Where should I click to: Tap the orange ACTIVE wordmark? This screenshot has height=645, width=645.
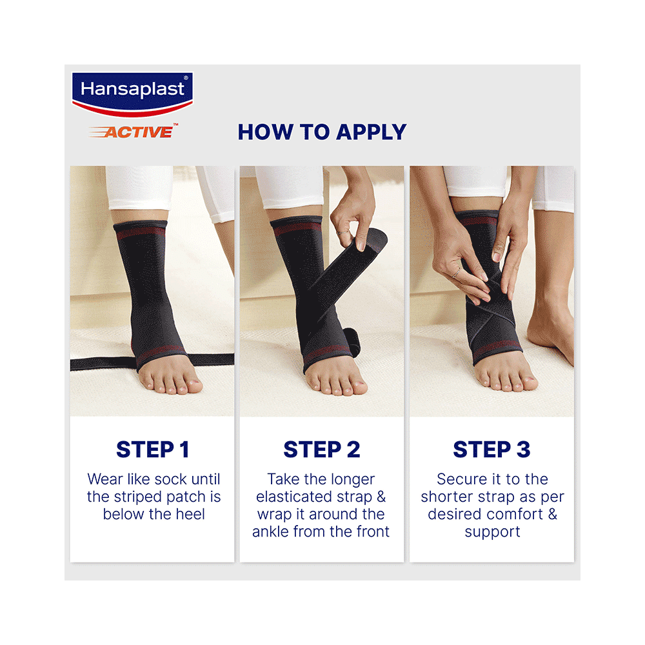click(138, 132)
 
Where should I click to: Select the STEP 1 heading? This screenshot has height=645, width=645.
click(153, 450)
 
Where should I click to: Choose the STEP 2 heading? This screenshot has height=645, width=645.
click(322, 450)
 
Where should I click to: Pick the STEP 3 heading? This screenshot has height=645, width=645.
click(491, 450)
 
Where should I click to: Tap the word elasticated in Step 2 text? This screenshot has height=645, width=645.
click(296, 497)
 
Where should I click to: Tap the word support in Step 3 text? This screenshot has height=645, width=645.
click(491, 532)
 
